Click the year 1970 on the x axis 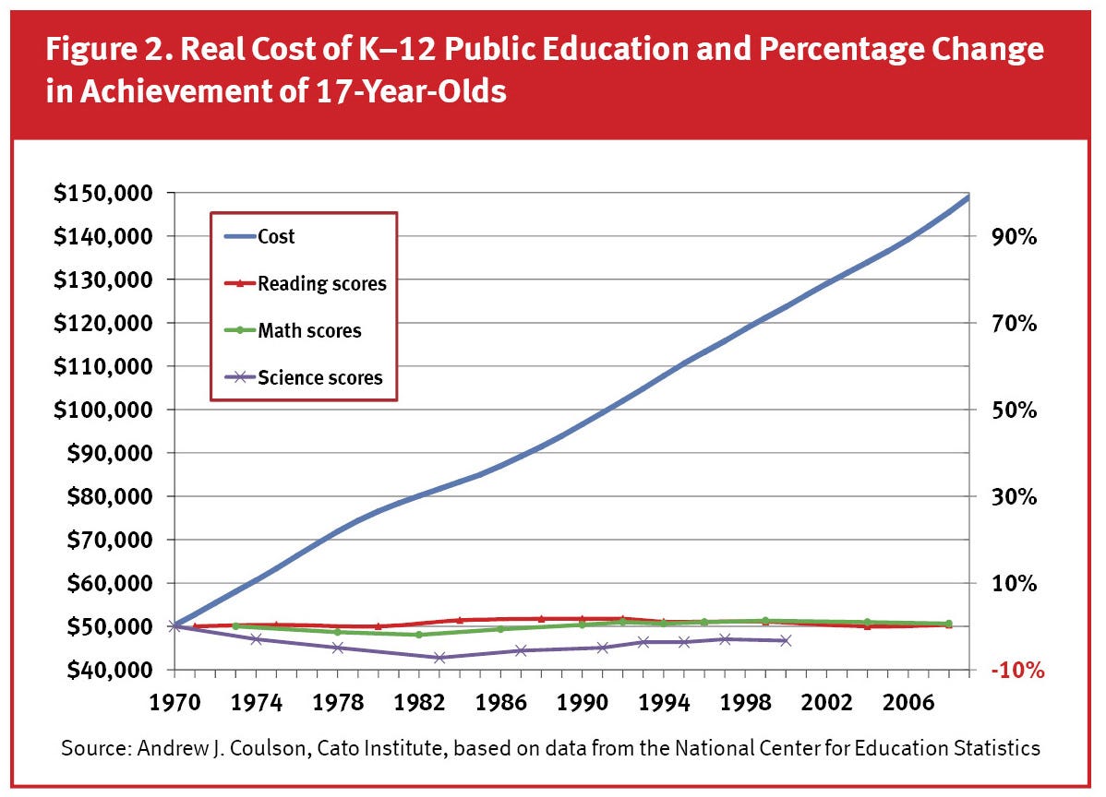(x=175, y=700)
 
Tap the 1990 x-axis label (x=582, y=700)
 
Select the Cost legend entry (x=276, y=236)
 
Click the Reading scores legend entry (x=321, y=283)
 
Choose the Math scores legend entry (x=309, y=330)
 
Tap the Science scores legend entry (x=319, y=377)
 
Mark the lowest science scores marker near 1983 (x=439, y=658)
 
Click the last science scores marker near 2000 (x=785, y=640)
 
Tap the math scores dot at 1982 (x=419, y=635)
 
